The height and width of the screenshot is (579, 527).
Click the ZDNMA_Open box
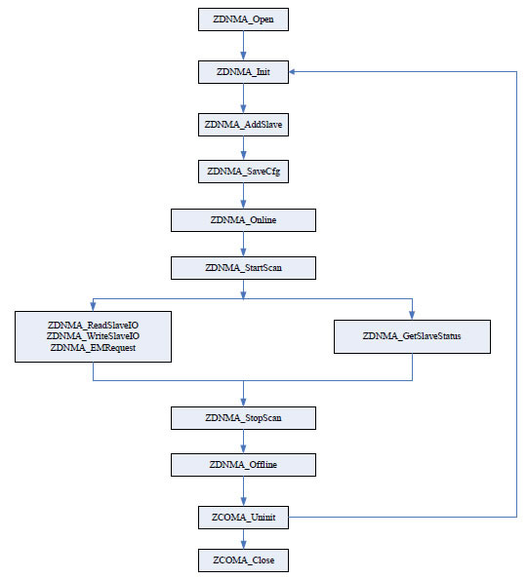pos(243,19)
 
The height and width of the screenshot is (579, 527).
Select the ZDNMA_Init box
pos(243,72)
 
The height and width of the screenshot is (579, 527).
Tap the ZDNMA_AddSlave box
pos(243,125)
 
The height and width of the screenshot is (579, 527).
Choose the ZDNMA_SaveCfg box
pos(243,172)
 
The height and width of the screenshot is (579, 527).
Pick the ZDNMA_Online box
pos(243,220)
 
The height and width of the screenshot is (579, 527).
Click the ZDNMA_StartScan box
pos(243,268)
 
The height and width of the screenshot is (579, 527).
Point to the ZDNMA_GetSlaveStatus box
pos(413,336)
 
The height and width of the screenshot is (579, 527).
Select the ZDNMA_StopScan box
pos(243,418)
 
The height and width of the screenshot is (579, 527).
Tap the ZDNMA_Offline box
pos(243,465)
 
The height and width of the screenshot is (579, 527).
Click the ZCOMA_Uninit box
pos(243,518)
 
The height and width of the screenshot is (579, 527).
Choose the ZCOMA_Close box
pos(243,560)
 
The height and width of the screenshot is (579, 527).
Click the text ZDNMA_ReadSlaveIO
pos(93,326)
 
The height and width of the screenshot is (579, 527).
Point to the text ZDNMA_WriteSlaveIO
pos(93,336)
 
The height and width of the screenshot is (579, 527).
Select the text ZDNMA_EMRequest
pos(93,347)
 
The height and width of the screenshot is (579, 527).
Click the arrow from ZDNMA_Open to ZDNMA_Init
pos(243,46)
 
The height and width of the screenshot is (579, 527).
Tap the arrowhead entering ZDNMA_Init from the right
pos(292,71)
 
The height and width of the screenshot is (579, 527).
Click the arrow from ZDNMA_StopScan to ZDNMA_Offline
pos(243,442)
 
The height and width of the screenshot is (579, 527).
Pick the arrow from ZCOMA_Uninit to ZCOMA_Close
pos(243,539)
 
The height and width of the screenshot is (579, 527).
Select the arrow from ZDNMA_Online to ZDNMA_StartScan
pos(243,245)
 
